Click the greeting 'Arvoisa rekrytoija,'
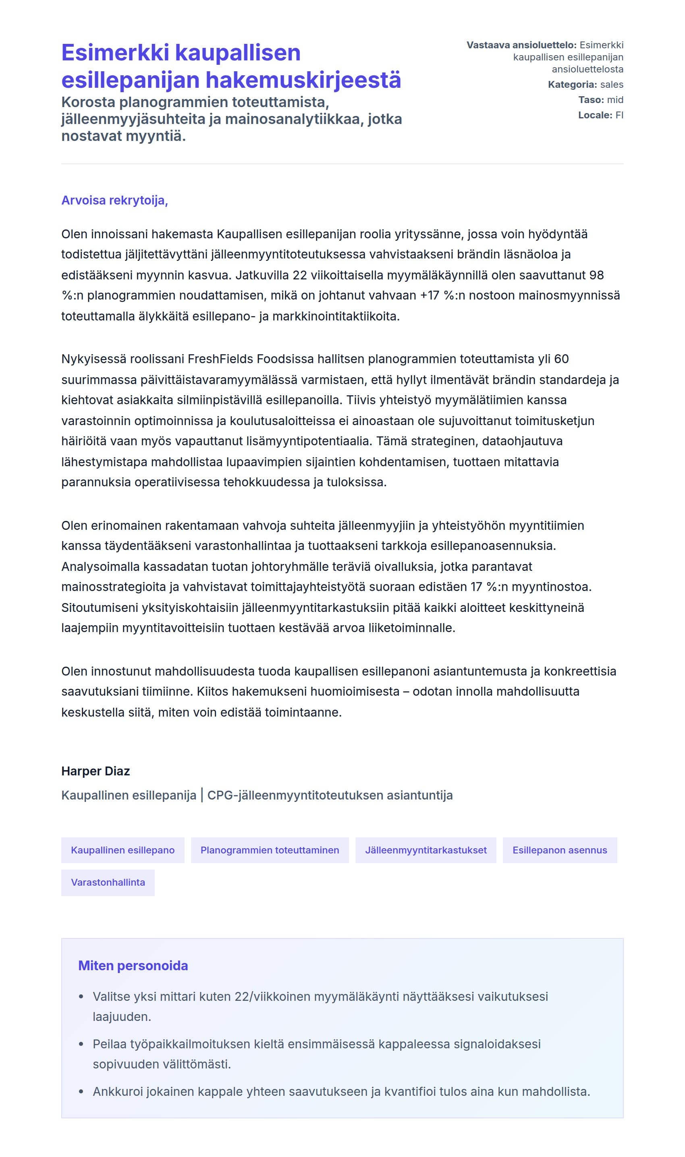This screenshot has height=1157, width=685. (114, 200)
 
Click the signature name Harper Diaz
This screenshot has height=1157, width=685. (95, 771)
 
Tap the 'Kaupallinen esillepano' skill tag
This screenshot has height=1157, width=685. (123, 850)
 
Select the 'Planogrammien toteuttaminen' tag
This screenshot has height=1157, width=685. (270, 850)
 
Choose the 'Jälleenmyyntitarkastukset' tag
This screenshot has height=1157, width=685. (426, 850)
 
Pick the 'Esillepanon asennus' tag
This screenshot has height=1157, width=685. (559, 850)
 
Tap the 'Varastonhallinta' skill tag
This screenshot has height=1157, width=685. (108, 882)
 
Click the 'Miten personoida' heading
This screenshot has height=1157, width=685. (133, 966)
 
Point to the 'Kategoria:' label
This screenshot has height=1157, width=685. (572, 85)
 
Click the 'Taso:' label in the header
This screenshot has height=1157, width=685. (591, 99)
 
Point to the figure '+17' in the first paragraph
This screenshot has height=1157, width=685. (430, 295)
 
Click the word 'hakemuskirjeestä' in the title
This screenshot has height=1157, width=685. (303, 79)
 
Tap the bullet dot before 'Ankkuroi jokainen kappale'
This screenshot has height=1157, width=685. (81, 1091)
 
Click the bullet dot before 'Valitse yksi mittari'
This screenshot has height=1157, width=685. (81, 996)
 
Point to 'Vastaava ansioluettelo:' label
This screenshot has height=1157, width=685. (521, 45)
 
